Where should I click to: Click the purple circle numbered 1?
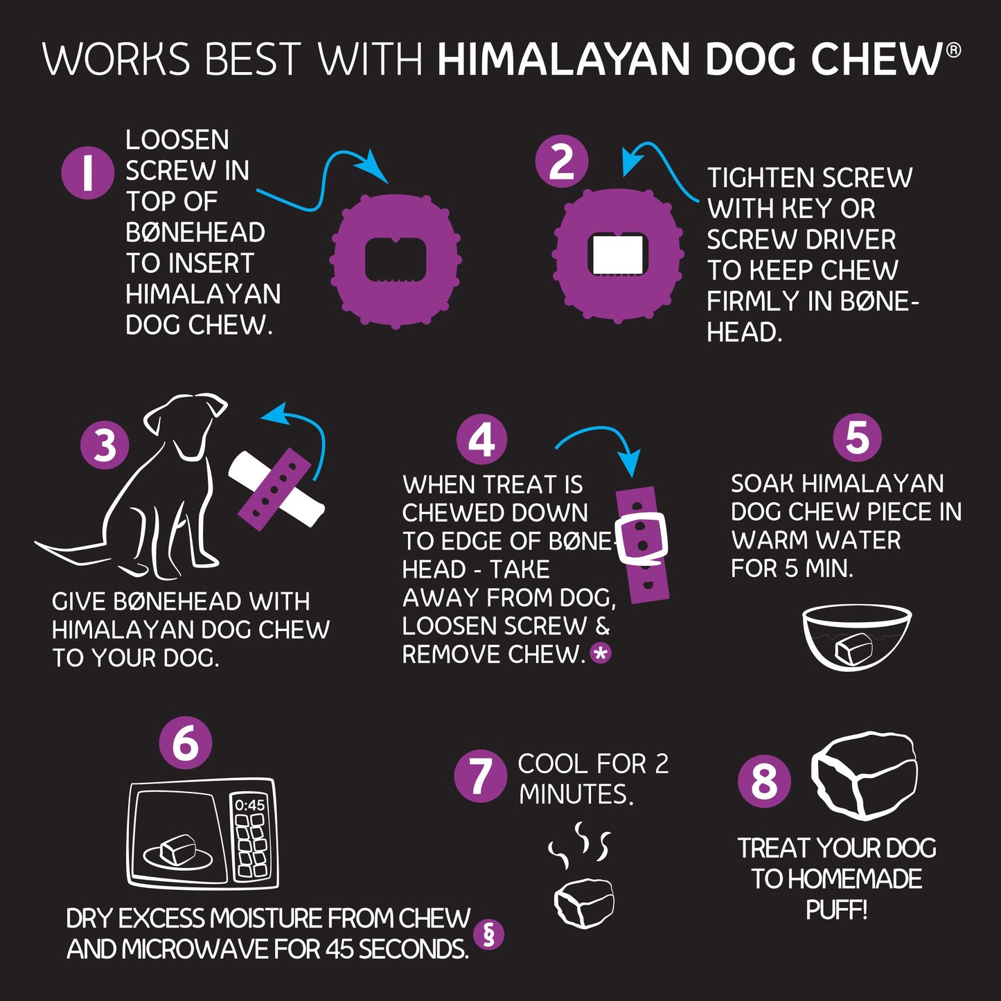pos(87,172)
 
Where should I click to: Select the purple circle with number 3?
pos(105,445)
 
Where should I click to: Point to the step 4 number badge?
pos(481,439)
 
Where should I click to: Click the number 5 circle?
pos(857,436)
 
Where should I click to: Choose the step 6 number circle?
pos(186,743)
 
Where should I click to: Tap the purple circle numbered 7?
pos(481,776)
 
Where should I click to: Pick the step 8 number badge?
pos(764,781)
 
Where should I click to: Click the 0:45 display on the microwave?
pos(250,805)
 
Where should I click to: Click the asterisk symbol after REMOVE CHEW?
pos(601,653)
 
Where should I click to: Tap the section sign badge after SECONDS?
pos(488,934)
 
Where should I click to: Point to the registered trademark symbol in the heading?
pos(953,50)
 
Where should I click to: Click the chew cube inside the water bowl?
pos(853,648)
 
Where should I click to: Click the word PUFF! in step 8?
pos(836,910)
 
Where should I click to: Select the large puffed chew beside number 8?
pos(864,776)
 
